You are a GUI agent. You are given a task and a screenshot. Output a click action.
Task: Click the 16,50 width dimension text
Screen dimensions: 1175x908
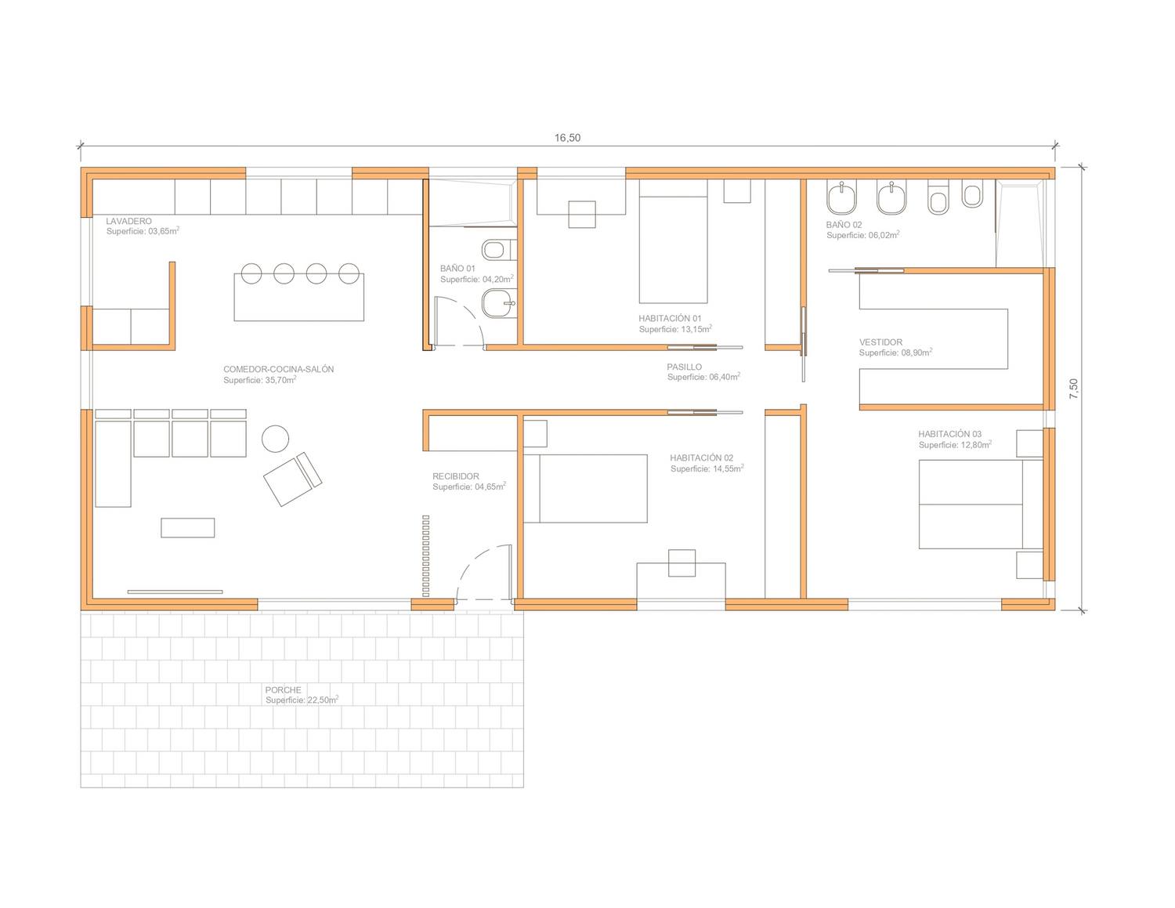click(x=567, y=138)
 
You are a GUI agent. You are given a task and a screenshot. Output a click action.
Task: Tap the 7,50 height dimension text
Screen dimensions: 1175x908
click(x=1074, y=389)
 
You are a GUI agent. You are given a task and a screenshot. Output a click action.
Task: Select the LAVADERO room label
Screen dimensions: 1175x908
click(x=128, y=221)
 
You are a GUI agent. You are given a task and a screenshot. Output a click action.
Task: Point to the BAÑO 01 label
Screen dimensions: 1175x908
click(x=457, y=268)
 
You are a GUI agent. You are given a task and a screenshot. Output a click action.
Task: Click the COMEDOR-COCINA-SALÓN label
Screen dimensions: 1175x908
click(x=278, y=369)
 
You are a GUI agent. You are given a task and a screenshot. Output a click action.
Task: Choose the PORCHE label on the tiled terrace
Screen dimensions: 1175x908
click(x=284, y=690)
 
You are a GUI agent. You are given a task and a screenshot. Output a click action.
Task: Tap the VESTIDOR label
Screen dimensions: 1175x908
click(x=880, y=342)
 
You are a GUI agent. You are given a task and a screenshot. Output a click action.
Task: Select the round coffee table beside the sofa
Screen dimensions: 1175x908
click(x=275, y=439)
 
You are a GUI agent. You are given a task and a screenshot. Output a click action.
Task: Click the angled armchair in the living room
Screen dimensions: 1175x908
click(x=292, y=479)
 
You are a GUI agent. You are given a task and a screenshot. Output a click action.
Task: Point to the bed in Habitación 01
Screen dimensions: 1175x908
click(x=673, y=241)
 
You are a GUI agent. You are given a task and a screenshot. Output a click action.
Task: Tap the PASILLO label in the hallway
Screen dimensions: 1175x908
click(x=684, y=367)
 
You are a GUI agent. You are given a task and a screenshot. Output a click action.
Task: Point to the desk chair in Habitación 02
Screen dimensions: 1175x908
click(x=681, y=563)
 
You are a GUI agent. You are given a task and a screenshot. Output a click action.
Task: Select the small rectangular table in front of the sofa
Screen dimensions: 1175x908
click(x=188, y=528)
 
